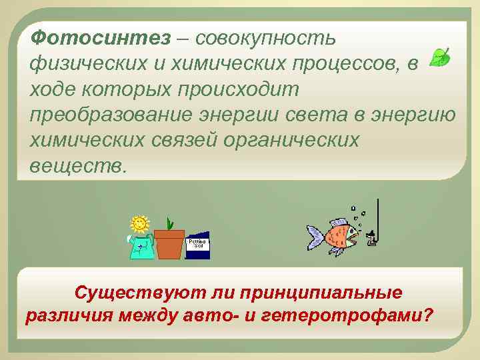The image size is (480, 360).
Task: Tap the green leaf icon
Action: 439,57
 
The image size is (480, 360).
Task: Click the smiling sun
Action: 139,223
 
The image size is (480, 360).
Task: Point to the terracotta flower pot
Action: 169,244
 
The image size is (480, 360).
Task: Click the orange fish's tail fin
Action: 315,236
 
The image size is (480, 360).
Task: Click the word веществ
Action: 77,165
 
